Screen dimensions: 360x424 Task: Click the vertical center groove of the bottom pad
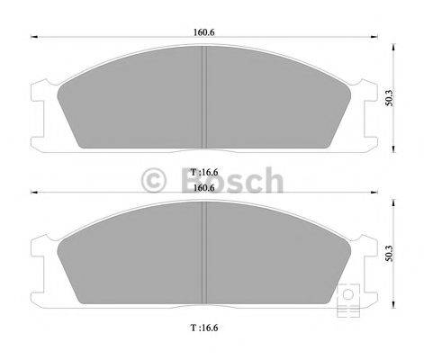pyautogui.click(x=207, y=256)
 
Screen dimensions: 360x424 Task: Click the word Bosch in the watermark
pyautogui.click(x=233, y=183)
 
